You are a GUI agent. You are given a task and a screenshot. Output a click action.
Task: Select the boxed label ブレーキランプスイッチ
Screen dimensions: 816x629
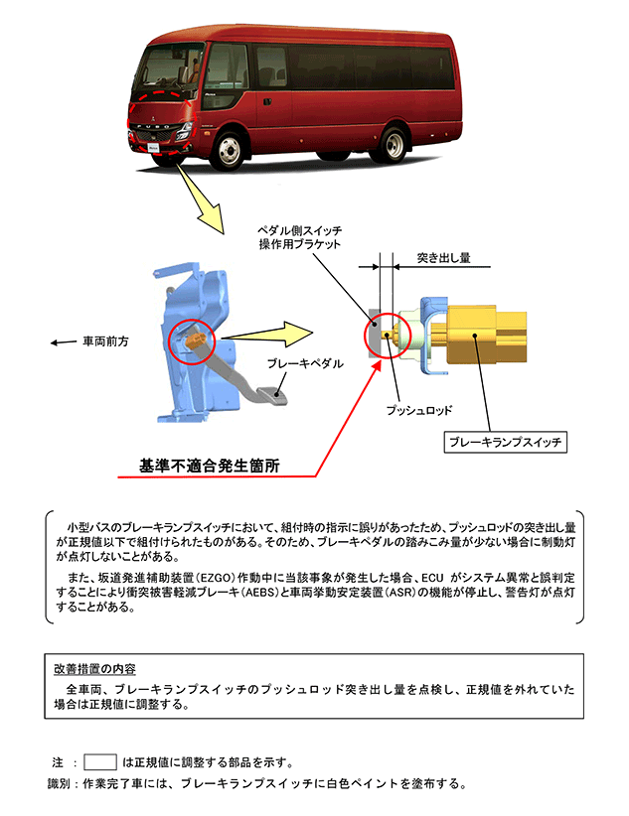(505, 442)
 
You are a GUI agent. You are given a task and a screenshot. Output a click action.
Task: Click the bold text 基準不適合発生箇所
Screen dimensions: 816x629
(211, 465)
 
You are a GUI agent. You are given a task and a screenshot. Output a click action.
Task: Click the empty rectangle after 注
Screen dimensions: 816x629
(101, 762)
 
